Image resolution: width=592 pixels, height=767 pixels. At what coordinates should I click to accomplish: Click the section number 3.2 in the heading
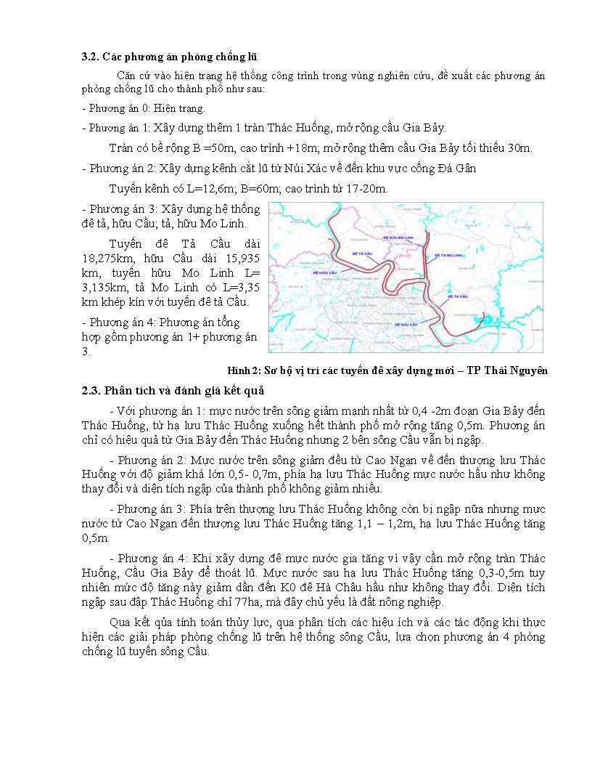[89, 57]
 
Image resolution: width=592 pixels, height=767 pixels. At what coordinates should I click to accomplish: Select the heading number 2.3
[90, 393]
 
